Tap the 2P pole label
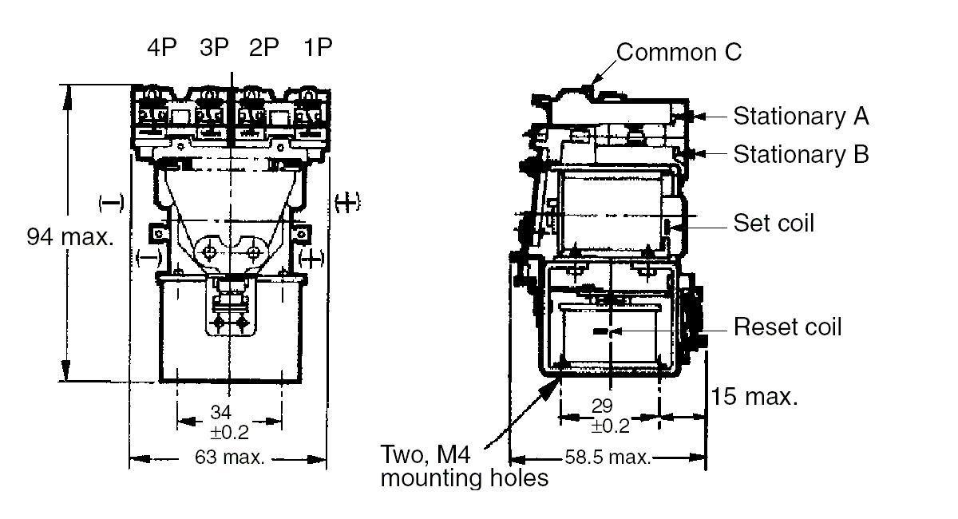click(263, 47)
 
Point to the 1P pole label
click(316, 47)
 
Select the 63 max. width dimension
click(228, 459)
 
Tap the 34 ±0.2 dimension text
click(229, 422)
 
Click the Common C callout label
click(679, 53)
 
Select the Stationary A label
click(801, 116)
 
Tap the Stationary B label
click(801, 153)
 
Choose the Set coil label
click(774, 223)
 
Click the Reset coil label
click(787, 327)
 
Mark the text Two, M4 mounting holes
click(464, 467)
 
